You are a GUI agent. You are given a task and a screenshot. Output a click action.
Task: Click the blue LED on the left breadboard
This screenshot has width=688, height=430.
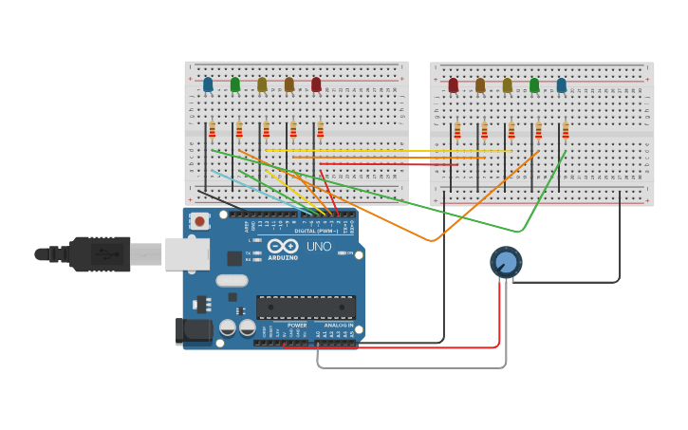(x=208, y=84)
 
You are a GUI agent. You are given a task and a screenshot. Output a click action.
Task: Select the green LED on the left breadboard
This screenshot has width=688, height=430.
(x=235, y=84)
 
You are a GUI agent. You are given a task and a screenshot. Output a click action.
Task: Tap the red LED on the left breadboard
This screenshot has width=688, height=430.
(x=316, y=84)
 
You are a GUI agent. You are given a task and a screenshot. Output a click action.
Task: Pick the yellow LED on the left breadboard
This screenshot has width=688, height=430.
(x=262, y=84)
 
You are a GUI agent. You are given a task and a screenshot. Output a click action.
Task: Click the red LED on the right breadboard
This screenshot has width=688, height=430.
(x=454, y=85)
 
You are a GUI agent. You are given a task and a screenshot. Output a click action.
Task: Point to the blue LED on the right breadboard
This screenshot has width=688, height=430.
(x=562, y=85)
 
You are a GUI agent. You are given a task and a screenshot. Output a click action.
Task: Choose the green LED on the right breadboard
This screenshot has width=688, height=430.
(x=534, y=85)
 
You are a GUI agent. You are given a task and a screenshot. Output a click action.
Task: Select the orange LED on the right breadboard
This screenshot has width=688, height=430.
(x=480, y=85)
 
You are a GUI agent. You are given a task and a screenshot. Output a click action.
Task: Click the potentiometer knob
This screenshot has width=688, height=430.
(x=506, y=262)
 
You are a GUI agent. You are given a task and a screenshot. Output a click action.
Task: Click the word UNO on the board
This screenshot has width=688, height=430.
(x=319, y=247)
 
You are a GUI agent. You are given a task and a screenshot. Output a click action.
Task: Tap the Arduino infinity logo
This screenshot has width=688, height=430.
(x=283, y=246)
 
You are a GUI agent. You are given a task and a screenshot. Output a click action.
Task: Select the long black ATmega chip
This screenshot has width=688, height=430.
(x=306, y=308)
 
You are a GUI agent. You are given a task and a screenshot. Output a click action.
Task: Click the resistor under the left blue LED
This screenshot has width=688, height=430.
(x=213, y=129)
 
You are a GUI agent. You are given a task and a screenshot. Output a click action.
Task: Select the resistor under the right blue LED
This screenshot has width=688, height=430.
(x=566, y=130)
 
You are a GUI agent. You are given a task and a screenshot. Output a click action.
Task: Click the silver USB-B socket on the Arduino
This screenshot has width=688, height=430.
(x=187, y=254)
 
